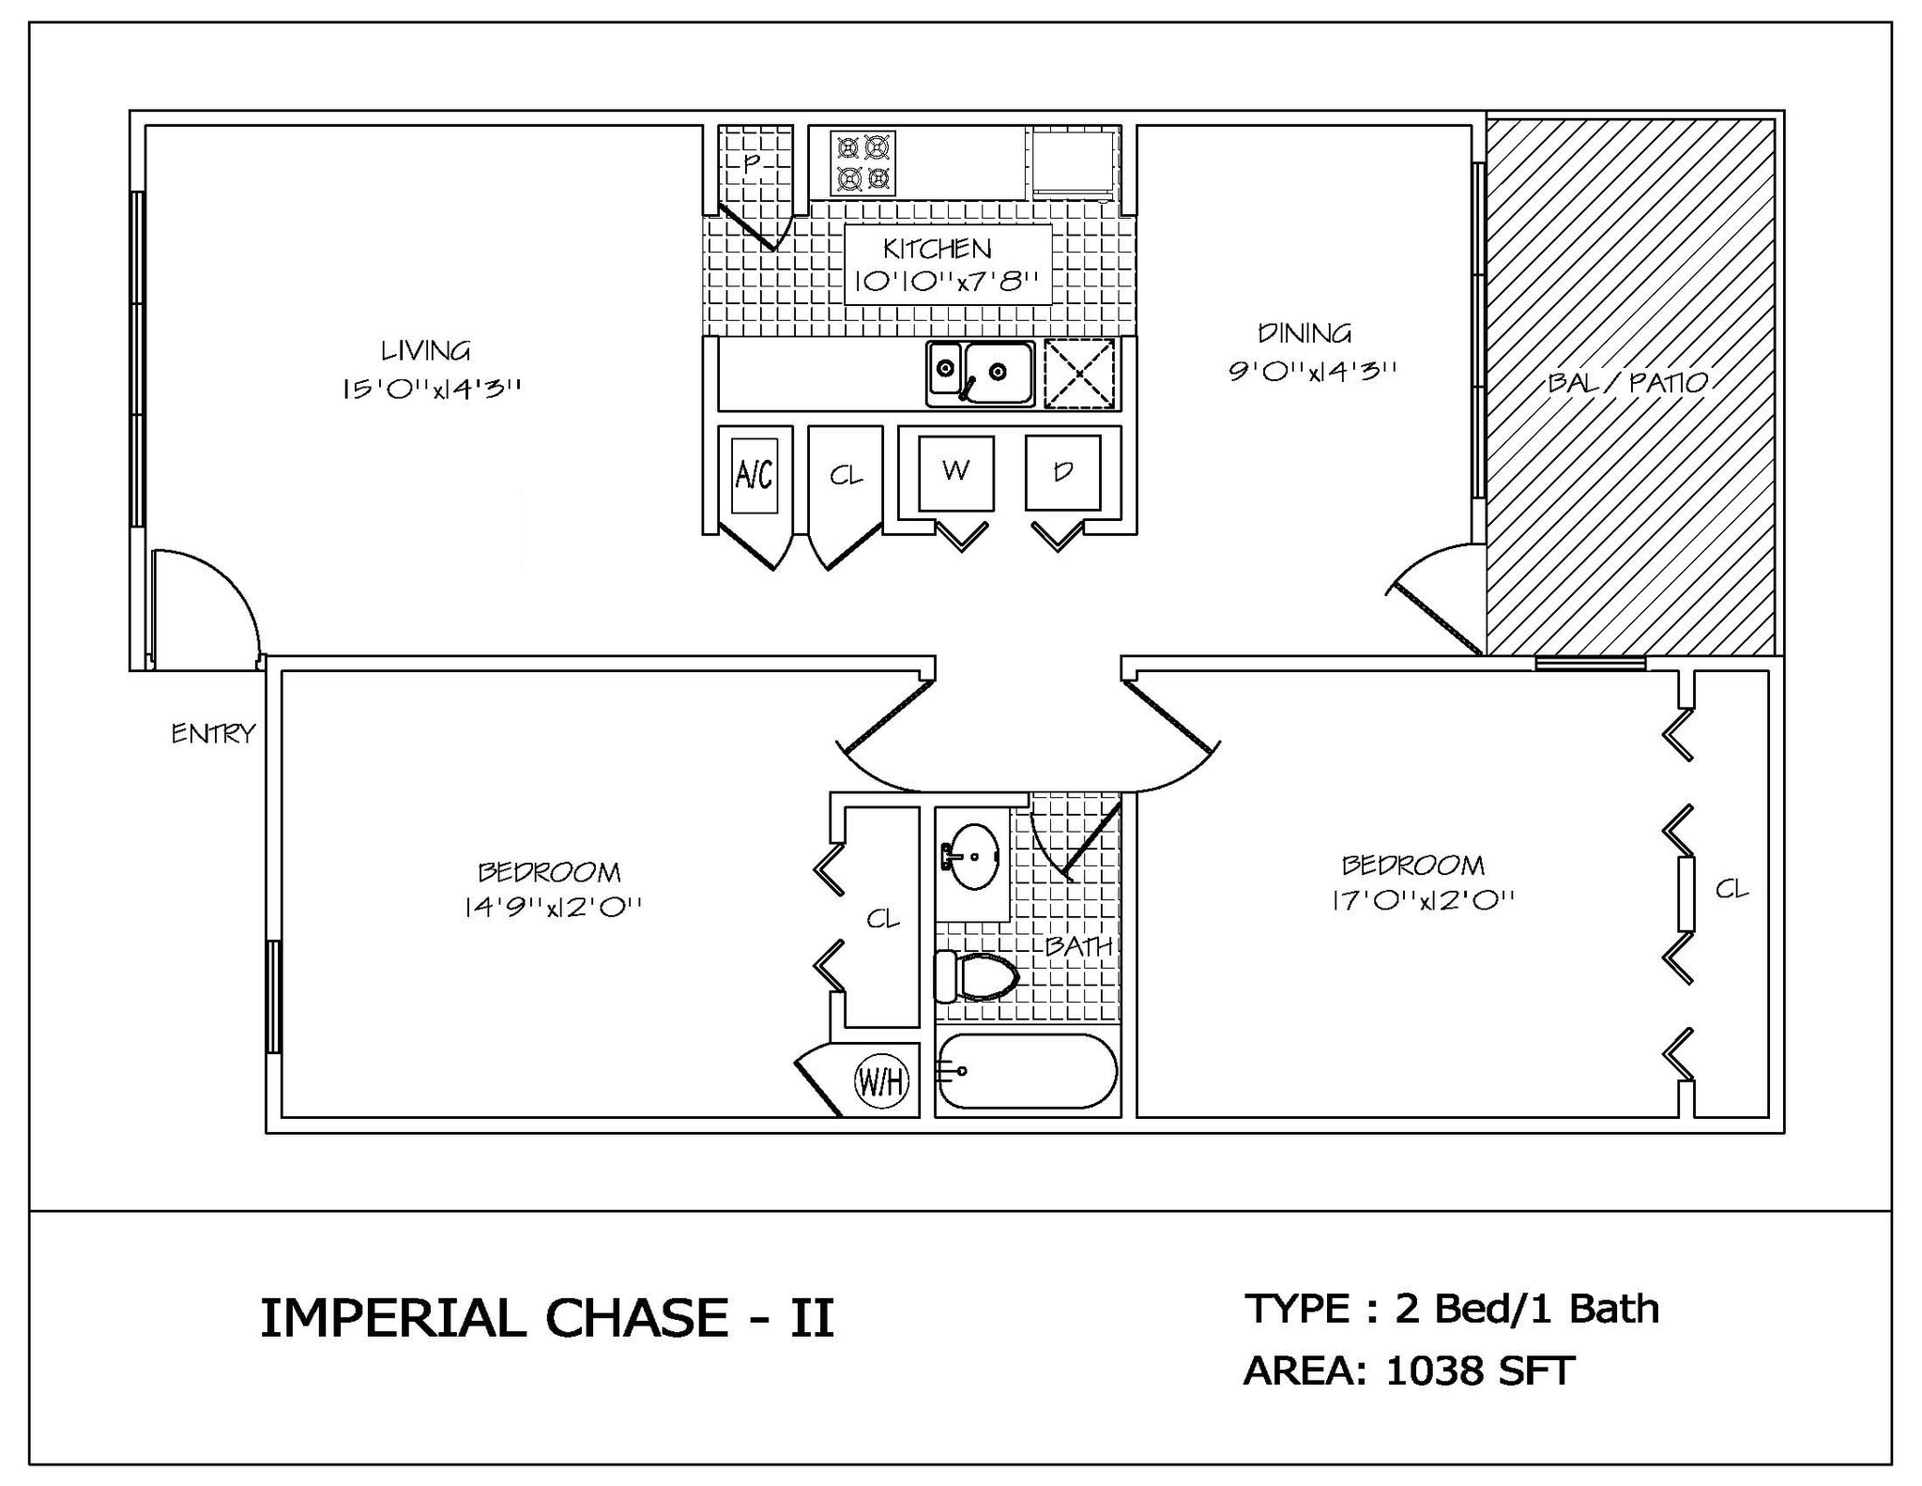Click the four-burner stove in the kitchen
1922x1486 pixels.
(x=862, y=162)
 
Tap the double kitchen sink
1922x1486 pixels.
(x=981, y=374)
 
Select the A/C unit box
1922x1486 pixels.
(x=755, y=475)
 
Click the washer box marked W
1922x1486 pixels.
(x=955, y=472)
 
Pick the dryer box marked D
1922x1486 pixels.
(x=1062, y=472)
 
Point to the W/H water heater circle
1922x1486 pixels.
(x=881, y=1082)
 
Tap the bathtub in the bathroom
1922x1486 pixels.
(x=1028, y=1071)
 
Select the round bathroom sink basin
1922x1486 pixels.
(x=973, y=856)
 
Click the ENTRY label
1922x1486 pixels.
(x=213, y=734)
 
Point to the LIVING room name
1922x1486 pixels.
(x=425, y=351)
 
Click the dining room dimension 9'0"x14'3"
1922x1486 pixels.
(x=1312, y=370)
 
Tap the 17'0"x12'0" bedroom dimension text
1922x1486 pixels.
(x=1423, y=900)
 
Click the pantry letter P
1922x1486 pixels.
(x=751, y=163)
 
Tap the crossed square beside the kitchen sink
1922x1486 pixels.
(x=1079, y=374)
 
